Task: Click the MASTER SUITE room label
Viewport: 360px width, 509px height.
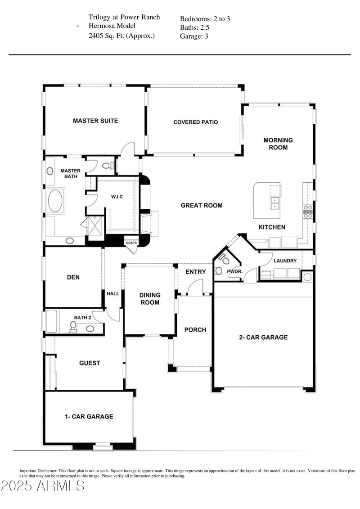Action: pos(95,121)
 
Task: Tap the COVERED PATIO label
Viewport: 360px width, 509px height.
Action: pos(195,122)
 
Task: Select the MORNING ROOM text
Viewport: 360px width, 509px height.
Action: pos(278,144)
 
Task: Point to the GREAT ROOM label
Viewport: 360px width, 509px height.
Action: pos(201,205)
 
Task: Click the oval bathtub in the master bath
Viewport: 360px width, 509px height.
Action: pos(56,201)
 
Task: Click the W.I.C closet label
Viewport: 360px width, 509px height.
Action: pos(117,197)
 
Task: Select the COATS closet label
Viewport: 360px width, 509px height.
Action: pos(131,243)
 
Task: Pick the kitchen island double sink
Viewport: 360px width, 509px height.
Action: pos(274,203)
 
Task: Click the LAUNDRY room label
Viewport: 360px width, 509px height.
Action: pos(285,261)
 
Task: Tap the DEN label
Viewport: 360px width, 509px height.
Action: pos(73,277)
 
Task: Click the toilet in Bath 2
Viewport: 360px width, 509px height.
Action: pos(73,326)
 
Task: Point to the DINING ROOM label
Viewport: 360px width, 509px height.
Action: pos(149,299)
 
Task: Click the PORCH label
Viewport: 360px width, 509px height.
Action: pos(195,330)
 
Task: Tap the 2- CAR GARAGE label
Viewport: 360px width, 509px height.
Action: pos(263,337)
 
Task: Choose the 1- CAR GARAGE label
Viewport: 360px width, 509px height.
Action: pos(89,416)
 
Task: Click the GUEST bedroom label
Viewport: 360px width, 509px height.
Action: pos(90,363)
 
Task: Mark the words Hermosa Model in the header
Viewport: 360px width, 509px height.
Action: pos(112,26)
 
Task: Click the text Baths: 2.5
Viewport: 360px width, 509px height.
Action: pos(194,27)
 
